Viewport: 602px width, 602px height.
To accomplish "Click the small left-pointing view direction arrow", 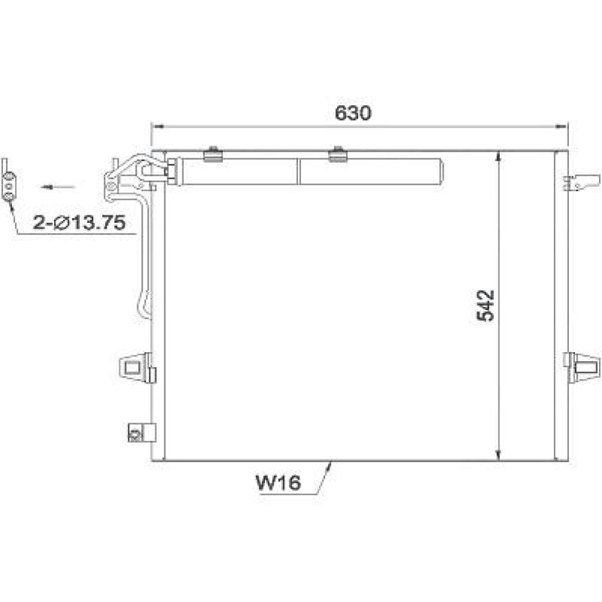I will (x=58, y=187).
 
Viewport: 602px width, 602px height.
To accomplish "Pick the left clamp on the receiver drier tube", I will (x=213, y=155).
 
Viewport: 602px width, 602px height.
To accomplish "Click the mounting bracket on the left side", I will (x=136, y=366).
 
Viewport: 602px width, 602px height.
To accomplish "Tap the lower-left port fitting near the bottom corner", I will (x=141, y=432).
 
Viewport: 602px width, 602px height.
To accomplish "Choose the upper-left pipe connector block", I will (x=126, y=175).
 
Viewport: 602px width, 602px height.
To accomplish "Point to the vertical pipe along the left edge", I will (x=145, y=265).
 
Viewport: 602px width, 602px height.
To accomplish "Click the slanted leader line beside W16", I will (x=324, y=478).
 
